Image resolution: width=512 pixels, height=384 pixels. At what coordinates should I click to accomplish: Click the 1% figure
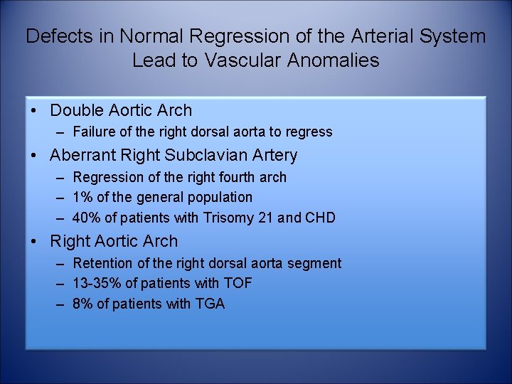(x=83, y=197)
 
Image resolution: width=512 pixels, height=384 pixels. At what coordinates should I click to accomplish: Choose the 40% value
(x=87, y=218)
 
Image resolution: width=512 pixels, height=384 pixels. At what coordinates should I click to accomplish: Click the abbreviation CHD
(x=320, y=218)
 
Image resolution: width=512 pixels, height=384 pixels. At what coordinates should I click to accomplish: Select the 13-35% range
(x=97, y=284)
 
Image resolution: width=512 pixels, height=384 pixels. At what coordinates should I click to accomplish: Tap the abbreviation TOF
(x=238, y=284)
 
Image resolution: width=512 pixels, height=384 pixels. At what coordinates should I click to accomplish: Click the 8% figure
(x=83, y=304)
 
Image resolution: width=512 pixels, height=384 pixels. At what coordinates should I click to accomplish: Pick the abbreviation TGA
(x=210, y=304)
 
